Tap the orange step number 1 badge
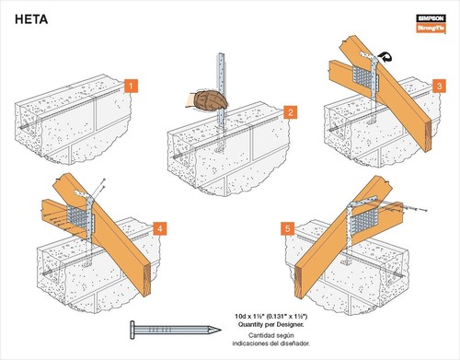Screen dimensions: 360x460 (132, 86)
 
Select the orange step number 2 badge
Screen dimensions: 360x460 (290, 113)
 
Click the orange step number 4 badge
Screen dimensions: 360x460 (159, 226)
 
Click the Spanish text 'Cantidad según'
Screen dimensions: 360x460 (267, 336)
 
